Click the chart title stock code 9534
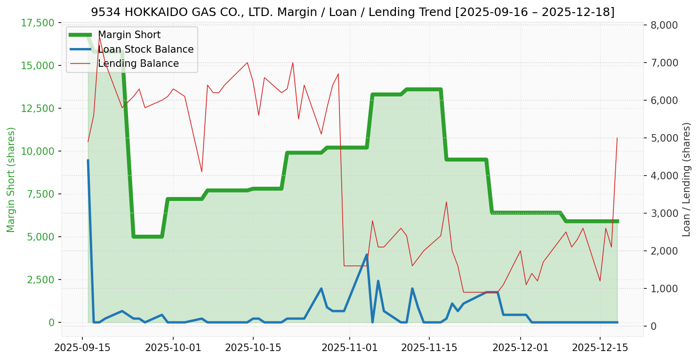(x=101, y=12)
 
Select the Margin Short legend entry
(x=129, y=35)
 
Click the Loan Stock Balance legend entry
(x=145, y=49)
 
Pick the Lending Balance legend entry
(x=138, y=64)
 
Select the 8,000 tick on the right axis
(x=664, y=25)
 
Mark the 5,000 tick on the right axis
(x=664, y=138)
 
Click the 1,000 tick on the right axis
(x=664, y=288)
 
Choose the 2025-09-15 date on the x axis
(x=82, y=348)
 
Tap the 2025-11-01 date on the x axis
(x=350, y=348)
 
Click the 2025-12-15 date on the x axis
(x=600, y=348)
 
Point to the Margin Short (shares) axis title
(x=11, y=179)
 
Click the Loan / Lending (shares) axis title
(x=686, y=179)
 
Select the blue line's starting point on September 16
(x=88, y=160)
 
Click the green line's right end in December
(x=617, y=221)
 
